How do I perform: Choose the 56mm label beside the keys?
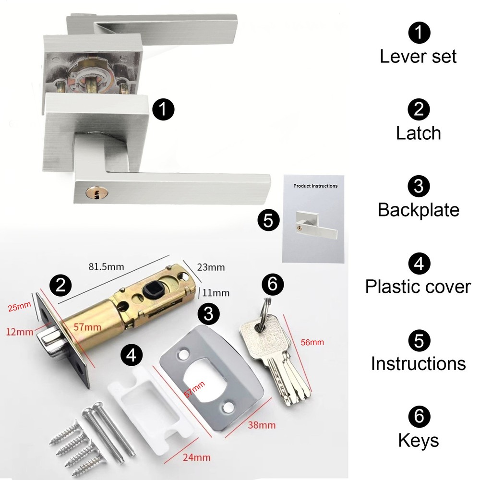[313, 342]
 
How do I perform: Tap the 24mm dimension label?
[197, 456]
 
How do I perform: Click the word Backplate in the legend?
[418, 210]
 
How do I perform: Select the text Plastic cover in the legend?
[418, 287]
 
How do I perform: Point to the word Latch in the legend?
[418, 133]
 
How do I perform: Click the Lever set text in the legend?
[418, 56]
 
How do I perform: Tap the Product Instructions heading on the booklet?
[315, 186]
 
